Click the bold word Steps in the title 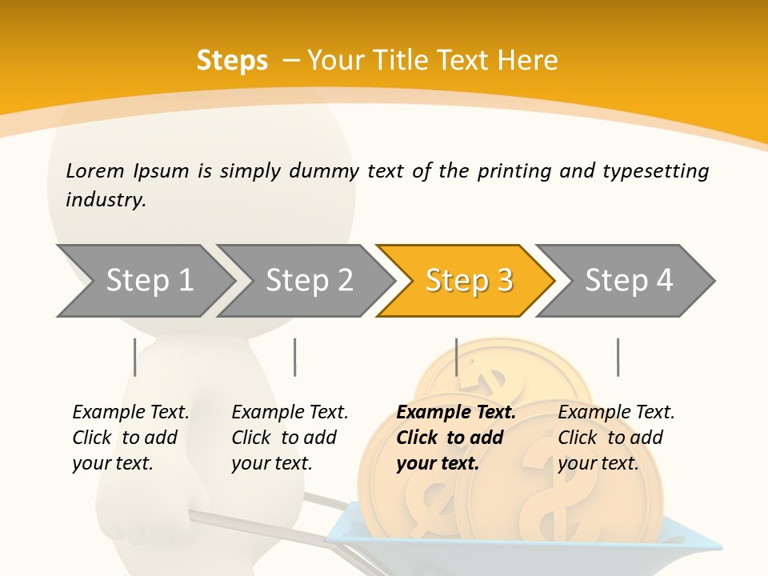coord(232,61)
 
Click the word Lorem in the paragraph coord(94,170)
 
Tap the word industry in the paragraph coord(106,199)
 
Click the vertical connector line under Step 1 coord(134,357)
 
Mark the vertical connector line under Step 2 coord(295,357)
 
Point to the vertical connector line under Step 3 coord(456,357)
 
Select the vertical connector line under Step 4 coord(618,357)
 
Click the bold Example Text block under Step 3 coord(455,438)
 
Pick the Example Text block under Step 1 coord(130,438)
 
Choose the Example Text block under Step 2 coord(290,438)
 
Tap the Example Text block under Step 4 coord(616,438)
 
